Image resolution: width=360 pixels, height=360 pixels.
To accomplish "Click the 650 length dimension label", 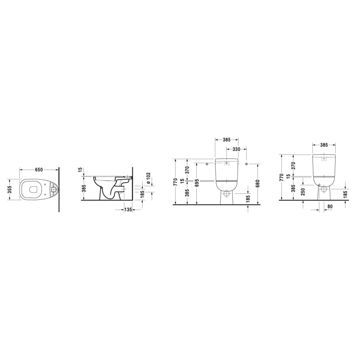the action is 39,170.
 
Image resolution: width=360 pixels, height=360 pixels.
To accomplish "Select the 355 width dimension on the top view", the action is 10,189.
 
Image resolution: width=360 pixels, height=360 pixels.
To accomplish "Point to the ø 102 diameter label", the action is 148,178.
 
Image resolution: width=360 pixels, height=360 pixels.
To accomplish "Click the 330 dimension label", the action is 236,149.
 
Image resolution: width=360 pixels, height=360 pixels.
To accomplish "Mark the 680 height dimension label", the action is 257,184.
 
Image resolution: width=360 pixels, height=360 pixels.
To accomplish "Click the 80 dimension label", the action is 330,207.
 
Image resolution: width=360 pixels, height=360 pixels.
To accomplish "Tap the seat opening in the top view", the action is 33,189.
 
